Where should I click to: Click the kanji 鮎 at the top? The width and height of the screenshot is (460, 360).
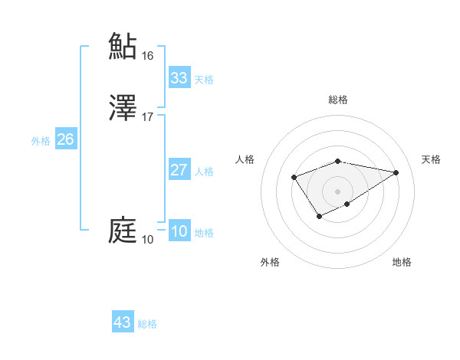pyautogui.click(x=123, y=46)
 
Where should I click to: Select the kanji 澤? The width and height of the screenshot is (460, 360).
pyautogui.click(x=123, y=108)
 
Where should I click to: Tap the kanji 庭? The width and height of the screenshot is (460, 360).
pyautogui.click(x=123, y=231)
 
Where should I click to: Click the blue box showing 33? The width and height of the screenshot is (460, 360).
pyautogui.click(x=179, y=78)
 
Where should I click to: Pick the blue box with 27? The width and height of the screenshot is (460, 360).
pyautogui.click(x=179, y=170)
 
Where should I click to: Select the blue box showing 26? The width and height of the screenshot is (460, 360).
pyautogui.click(x=65, y=139)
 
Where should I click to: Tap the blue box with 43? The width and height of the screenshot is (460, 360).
pyautogui.click(x=123, y=322)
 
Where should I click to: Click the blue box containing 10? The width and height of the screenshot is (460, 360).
pyautogui.click(x=179, y=231)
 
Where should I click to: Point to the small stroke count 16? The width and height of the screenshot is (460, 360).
pyautogui.click(x=148, y=56)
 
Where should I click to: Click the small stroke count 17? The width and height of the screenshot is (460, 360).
pyautogui.click(x=148, y=117)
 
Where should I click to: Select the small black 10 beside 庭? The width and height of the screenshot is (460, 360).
pyautogui.click(x=148, y=240)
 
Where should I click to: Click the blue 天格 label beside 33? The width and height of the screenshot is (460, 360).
pyautogui.click(x=204, y=80)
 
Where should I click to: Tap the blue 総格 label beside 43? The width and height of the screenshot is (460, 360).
pyautogui.click(x=147, y=324)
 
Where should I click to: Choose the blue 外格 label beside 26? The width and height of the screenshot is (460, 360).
pyautogui.click(x=41, y=141)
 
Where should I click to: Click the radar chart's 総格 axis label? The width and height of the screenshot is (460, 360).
pyautogui.click(x=337, y=100)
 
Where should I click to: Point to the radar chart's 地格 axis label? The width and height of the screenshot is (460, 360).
pyautogui.click(x=402, y=262)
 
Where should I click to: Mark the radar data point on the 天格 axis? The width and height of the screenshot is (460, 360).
pyautogui.click(x=396, y=172)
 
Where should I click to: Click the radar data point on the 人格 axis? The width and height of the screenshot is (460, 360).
pyautogui.click(x=294, y=177)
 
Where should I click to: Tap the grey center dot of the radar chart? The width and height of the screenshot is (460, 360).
pyautogui.click(x=337, y=191)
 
